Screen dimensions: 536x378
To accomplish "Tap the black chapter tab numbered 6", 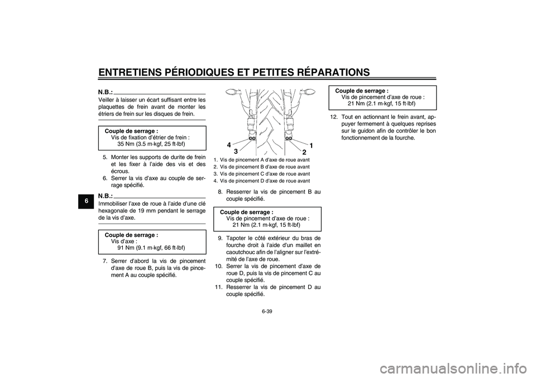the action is click(87, 201).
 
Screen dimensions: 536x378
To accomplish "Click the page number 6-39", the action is click(267, 311).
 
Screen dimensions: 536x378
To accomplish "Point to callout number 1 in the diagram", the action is click(312, 146).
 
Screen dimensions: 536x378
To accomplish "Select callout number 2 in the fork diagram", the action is click(304, 152).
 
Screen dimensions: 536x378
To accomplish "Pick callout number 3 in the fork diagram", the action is click(235, 151).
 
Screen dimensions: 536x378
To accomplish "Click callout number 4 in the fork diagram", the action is click(229, 145).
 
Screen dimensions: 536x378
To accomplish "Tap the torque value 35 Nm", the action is click(126, 144).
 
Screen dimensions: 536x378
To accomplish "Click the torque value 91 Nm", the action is click(126, 248).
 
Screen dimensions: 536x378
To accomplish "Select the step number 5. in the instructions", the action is click(106, 157).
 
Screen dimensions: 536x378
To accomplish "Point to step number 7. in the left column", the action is click(106, 261).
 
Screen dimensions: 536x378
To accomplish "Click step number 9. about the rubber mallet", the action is click(221, 238).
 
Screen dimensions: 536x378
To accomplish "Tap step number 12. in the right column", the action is click(334, 117).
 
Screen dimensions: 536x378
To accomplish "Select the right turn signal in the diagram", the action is click(309, 91).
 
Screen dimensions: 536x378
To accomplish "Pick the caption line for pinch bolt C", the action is click(261, 174).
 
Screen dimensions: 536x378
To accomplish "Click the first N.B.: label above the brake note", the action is click(106, 92).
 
